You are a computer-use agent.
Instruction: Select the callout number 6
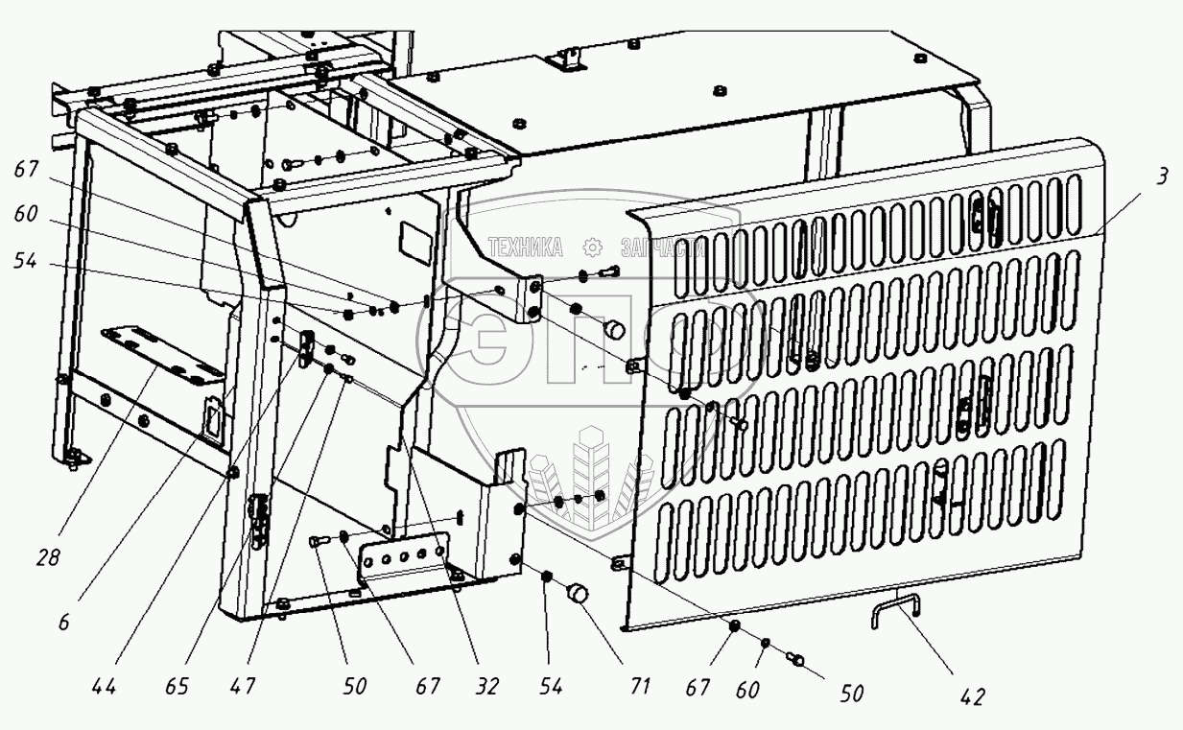pos(63,623)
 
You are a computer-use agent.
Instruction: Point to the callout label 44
pos(105,687)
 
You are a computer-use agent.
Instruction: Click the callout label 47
pos(244,687)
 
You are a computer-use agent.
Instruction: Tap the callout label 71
pos(640,687)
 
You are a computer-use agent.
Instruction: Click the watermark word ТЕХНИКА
pos(526,247)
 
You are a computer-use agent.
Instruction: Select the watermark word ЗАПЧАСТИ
pos(662,247)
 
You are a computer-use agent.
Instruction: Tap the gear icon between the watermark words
pos(592,247)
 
